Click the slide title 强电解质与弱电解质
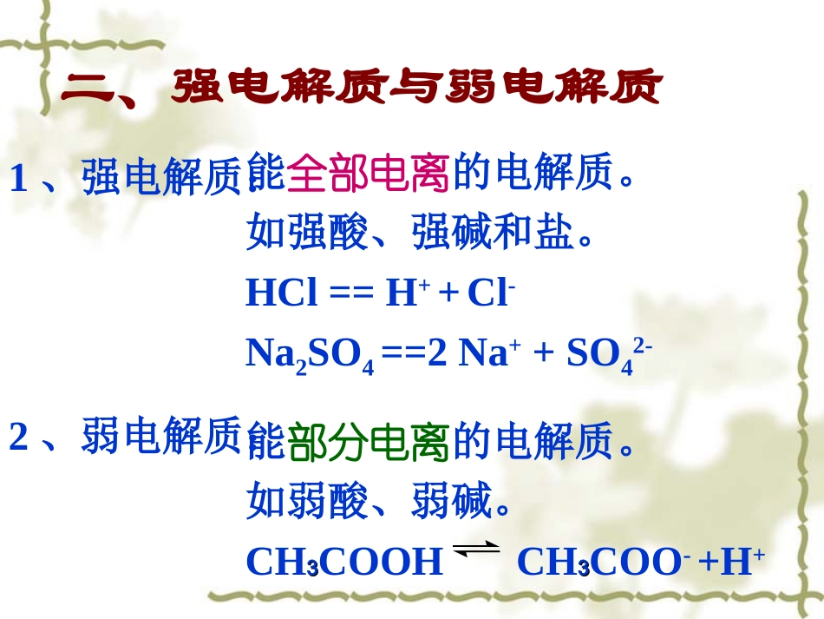pos(416,87)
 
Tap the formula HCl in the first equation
pos(282,294)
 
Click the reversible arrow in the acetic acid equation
pos(477,548)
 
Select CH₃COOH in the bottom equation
pos(344,563)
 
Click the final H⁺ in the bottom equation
pos(742,563)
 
